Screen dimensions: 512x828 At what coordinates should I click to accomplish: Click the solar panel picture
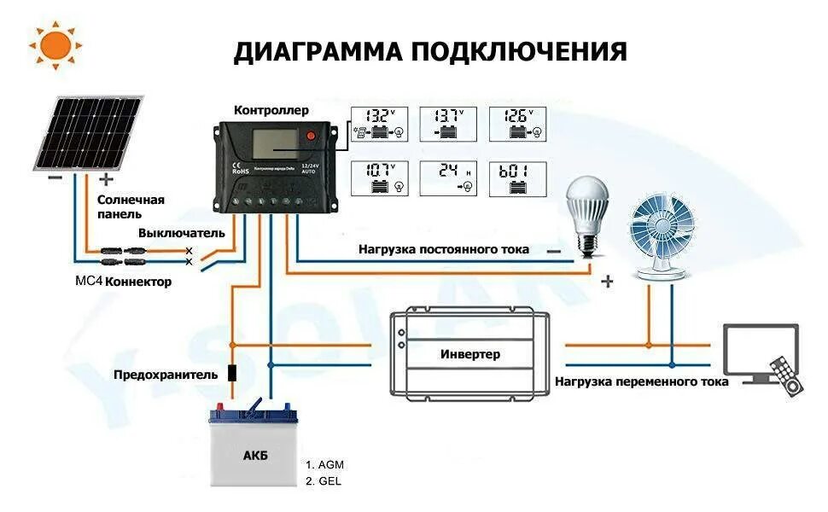[x=89, y=132]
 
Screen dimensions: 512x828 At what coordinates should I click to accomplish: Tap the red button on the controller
[x=312, y=137]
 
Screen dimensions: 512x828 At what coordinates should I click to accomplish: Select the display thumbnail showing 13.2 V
[x=380, y=124]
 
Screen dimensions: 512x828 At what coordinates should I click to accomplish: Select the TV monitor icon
[x=759, y=355]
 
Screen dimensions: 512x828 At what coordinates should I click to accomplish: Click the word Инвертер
[x=470, y=353]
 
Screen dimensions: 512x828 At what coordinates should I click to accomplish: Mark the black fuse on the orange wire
[x=231, y=373]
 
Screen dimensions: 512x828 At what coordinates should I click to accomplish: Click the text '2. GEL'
[x=324, y=481]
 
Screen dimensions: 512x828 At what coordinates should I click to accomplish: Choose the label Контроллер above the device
[x=271, y=110]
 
